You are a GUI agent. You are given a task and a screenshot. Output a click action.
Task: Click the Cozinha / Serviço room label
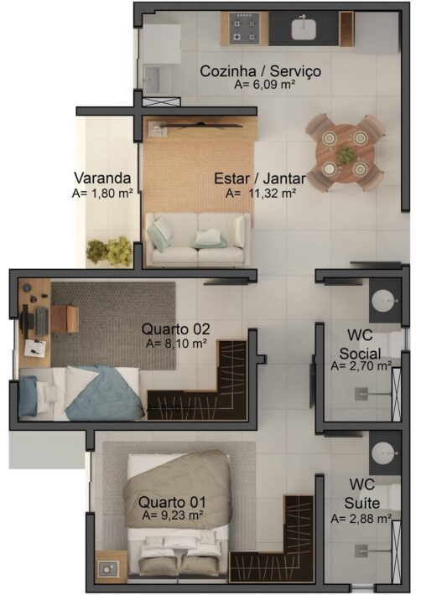coord(260,71)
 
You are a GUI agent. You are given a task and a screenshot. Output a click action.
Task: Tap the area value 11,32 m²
coord(273,193)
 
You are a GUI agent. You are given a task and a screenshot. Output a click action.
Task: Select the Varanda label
coord(102,178)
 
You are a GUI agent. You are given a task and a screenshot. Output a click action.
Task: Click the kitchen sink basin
coord(304,29)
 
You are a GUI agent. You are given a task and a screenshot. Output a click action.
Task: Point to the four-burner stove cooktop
coord(244,28)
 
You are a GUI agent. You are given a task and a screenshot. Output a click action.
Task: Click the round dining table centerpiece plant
coord(345,154)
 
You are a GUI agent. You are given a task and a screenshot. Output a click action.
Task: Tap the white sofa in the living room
coord(198,239)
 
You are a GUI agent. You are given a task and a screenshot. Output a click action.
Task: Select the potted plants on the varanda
coord(109,251)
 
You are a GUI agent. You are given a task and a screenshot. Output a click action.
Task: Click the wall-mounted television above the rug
coord(200,125)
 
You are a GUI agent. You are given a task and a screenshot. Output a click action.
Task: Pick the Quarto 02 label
coord(175,329)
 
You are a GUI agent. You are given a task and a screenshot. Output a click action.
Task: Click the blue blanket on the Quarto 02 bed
coord(105,394)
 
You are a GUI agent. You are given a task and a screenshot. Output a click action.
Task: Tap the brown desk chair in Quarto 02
coord(65,318)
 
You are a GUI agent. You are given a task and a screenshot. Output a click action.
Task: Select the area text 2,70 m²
coord(361,366)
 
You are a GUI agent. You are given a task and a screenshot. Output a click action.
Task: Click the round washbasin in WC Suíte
coord(384,454)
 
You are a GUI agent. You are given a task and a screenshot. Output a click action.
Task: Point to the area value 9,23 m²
coord(173,515)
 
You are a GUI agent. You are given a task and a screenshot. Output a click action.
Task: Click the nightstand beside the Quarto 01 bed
coord(111,567)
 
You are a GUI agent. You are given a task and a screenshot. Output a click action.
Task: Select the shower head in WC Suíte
coord(361,551)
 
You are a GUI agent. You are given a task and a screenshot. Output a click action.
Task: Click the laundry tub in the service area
coord(157,80)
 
